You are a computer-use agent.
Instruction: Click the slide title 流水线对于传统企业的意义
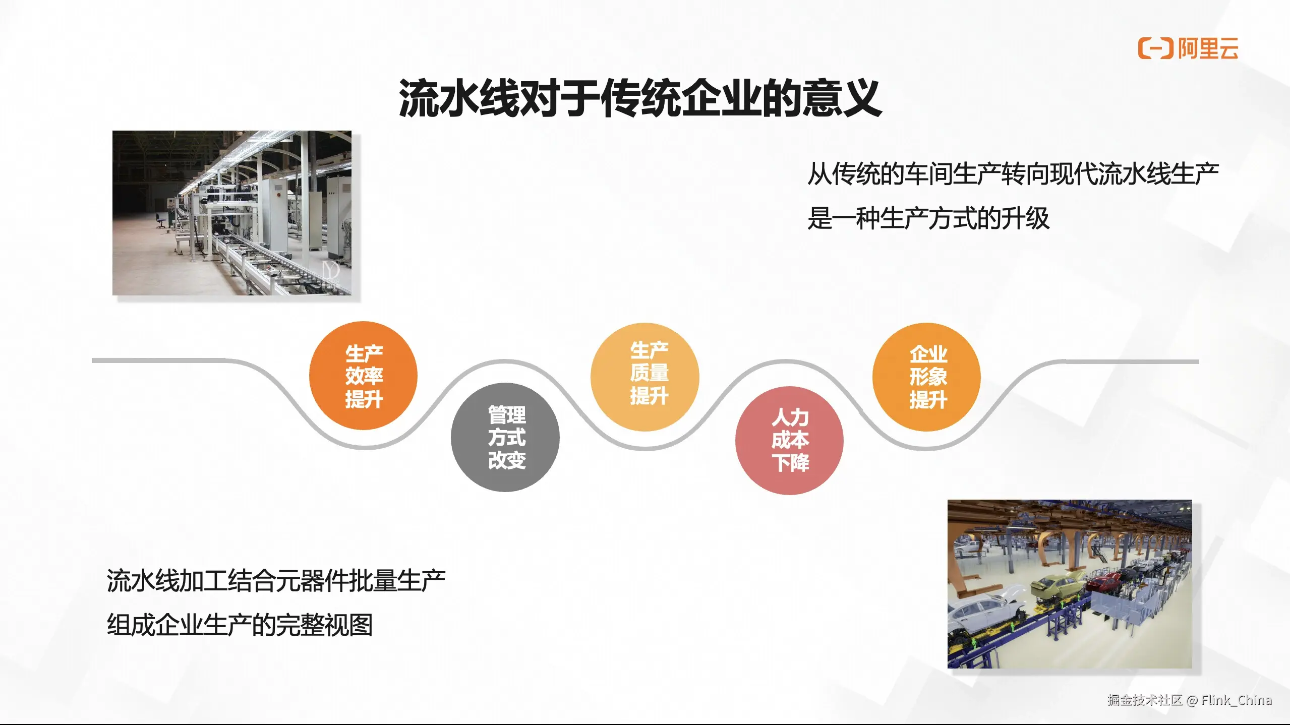point(640,98)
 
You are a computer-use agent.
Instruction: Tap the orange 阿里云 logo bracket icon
point(1155,48)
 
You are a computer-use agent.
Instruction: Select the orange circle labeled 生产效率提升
point(363,376)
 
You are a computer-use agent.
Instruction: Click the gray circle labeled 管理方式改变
point(505,437)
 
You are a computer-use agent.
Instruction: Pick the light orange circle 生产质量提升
point(644,377)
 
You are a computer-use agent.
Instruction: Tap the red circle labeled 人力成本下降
point(789,441)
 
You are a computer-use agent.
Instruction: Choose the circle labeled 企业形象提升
point(926,377)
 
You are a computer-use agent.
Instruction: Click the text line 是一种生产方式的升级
point(928,218)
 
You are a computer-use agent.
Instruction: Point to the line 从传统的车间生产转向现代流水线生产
point(1013,174)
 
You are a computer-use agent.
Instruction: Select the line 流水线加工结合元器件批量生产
point(276,580)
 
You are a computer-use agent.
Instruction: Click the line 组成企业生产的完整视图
point(240,625)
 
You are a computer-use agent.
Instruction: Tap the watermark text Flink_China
point(1237,700)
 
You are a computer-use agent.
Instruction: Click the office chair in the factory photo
point(161,220)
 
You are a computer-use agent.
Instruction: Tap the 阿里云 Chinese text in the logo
point(1208,48)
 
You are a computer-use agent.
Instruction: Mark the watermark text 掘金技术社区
point(1145,700)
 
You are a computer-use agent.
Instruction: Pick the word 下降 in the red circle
point(790,462)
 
